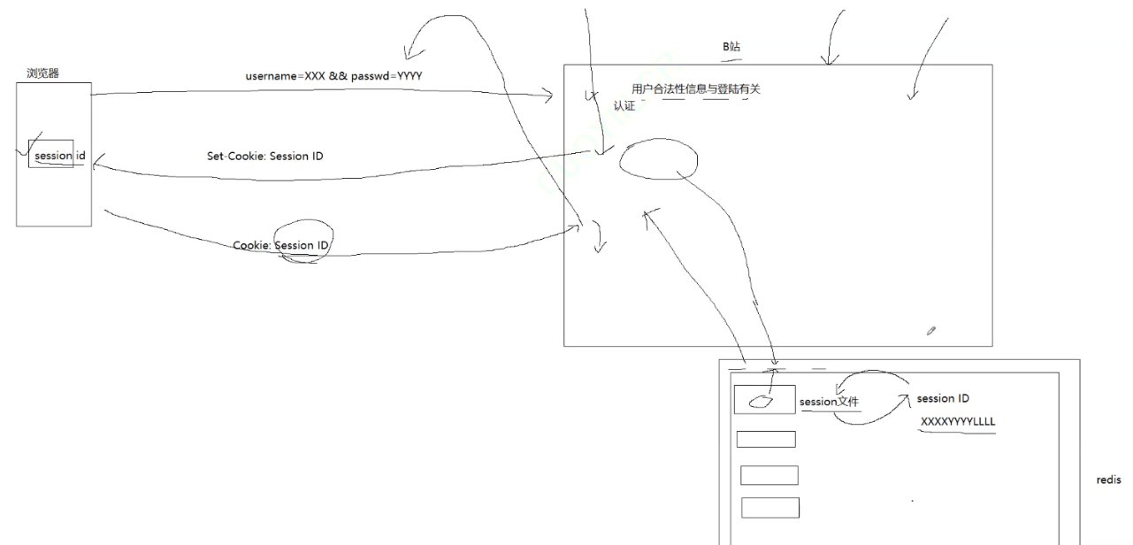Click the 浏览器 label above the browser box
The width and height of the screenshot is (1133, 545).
43,73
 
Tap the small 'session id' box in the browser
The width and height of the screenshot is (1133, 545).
52,155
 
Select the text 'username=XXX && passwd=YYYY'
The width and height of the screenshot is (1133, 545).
333,76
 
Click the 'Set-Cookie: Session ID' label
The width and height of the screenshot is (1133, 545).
264,157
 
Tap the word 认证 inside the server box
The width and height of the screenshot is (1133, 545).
624,106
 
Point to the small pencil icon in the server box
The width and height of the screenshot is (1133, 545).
930,331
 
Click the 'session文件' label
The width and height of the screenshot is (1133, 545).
829,402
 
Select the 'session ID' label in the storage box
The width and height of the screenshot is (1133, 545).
943,398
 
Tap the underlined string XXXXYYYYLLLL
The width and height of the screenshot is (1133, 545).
958,422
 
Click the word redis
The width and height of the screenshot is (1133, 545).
1108,480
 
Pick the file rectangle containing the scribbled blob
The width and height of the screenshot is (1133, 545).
764,400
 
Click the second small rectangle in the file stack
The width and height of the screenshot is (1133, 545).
766,439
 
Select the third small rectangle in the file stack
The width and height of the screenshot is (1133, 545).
769,475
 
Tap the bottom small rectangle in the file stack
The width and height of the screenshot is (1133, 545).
769,508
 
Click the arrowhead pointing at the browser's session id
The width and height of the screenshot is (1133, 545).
96,164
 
